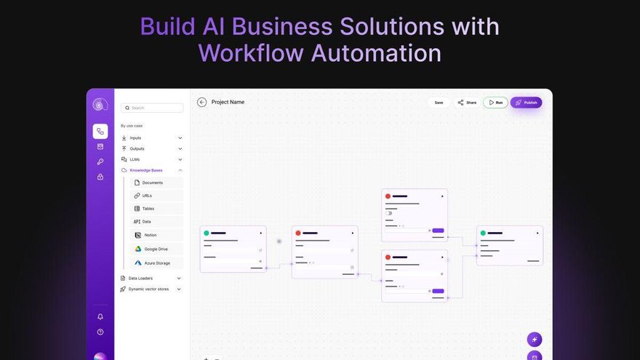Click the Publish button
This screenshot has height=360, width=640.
pos(526,103)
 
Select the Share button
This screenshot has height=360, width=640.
pos(467,103)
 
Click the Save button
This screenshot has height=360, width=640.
pos(439,103)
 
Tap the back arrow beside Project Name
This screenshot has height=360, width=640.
pos(202,103)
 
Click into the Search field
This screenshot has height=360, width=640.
pos(152,108)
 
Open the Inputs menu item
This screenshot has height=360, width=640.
pos(136,137)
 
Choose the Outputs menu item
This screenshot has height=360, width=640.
pos(137,148)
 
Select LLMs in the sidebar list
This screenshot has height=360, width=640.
pos(135,159)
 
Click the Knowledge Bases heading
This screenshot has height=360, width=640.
pos(146,170)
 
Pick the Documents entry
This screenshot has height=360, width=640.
pos(153,183)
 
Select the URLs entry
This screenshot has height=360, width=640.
pos(147,196)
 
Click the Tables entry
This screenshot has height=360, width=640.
pos(148,209)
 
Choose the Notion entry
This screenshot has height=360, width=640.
pos(150,235)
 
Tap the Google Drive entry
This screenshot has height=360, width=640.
pos(156,249)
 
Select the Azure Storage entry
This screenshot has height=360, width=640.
pos(157,263)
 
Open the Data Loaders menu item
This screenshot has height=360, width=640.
pos(140,278)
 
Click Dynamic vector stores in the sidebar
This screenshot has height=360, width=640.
pos(148,289)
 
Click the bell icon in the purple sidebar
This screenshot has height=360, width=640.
pos(100,316)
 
